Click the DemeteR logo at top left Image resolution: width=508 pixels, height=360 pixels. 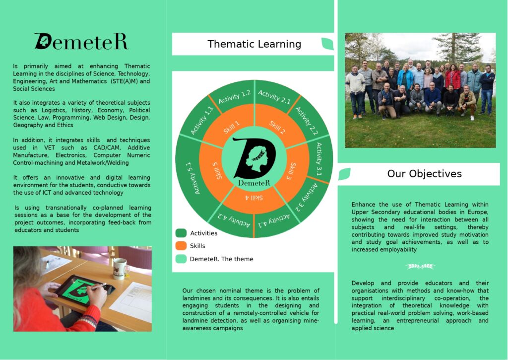click(81, 42)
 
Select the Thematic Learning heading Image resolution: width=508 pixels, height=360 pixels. click(254, 44)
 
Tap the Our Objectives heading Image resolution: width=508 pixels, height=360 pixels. click(424, 174)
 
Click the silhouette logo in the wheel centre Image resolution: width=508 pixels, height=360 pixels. click(254, 160)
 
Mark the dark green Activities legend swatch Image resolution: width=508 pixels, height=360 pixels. click(181, 233)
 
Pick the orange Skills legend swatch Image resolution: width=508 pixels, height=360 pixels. click(181, 246)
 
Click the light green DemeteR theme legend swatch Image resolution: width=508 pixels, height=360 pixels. click(181, 259)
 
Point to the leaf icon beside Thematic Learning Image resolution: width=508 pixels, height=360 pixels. click(327, 44)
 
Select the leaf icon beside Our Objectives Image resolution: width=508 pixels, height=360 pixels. click(344, 174)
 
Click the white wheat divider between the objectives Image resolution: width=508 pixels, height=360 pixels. click(420, 267)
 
